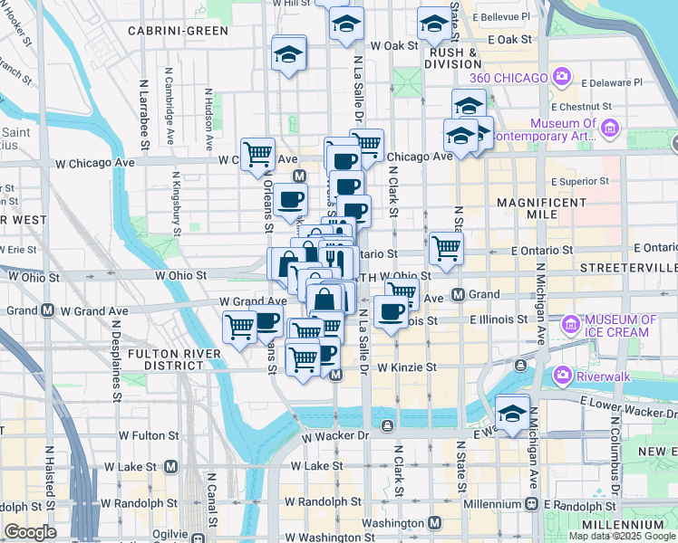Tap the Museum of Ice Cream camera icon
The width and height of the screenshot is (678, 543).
click(571, 324)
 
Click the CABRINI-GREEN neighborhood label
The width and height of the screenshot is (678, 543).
click(178, 31)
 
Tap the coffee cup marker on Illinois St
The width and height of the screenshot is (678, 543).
click(391, 312)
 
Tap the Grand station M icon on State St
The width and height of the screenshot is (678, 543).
click(459, 295)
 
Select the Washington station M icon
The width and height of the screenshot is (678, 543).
click(435, 523)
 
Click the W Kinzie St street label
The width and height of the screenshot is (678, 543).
click(407, 367)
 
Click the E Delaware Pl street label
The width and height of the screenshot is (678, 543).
click(612, 82)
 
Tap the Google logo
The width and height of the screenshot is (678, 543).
click(31, 532)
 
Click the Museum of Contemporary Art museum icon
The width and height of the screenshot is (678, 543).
click(609, 129)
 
